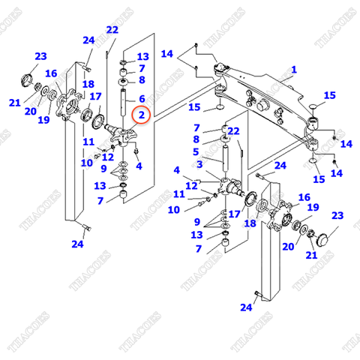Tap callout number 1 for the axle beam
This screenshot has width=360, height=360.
294,70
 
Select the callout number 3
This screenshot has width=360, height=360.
199,163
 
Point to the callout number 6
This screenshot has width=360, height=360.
141,98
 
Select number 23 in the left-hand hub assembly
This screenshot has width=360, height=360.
40,56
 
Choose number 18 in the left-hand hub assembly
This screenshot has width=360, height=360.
88,84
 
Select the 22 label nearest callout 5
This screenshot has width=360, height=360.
233,132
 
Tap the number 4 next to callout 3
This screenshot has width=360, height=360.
177,169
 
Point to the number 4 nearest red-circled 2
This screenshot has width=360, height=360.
139,165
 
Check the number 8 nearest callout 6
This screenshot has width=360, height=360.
141,79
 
